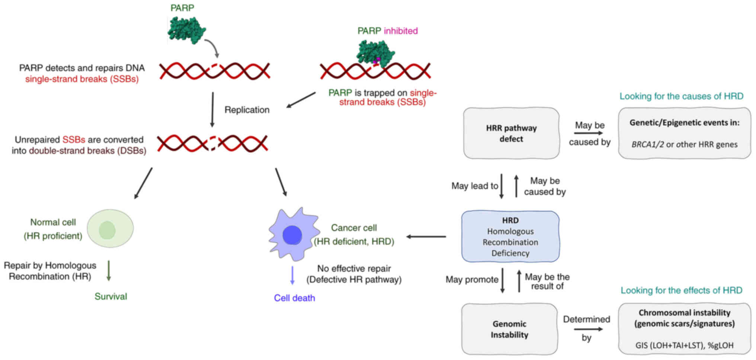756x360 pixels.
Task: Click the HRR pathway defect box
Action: coord(511,133)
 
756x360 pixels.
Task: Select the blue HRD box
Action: coord(510,236)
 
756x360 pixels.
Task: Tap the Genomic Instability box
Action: coord(509,329)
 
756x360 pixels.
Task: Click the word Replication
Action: coord(247,110)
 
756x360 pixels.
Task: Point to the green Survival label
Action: coord(110,296)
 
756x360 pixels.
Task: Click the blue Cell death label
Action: coord(294,298)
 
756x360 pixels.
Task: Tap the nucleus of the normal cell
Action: coord(107,230)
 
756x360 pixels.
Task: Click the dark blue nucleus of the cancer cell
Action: coord(292,235)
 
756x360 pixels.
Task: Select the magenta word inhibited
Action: coord(401,31)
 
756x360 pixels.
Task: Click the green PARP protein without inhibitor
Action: coord(186,30)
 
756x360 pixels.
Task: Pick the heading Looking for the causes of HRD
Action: coord(681,96)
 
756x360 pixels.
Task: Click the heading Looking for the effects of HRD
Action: coord(681,290)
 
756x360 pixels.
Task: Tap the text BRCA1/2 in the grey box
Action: coord(647,144)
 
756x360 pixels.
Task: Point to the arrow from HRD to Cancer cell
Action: coord(426,236)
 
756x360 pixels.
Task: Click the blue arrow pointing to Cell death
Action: coord(292,276)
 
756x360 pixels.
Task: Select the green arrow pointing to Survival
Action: coord(109,271)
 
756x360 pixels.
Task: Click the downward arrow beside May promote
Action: coord(502,280)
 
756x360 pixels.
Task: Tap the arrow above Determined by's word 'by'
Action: coord(588,329)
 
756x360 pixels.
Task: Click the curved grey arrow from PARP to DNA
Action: coord(213,48)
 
